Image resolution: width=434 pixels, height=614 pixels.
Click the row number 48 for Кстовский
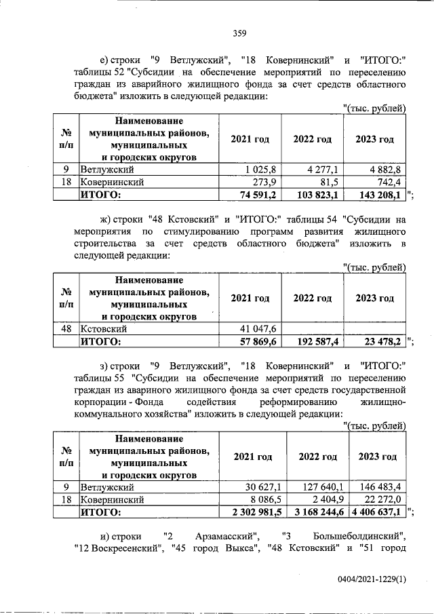66,329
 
